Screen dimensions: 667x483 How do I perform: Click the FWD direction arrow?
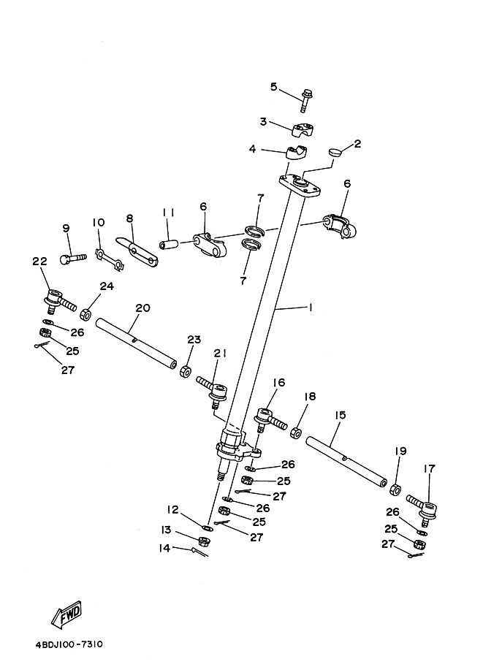[x=66, y=614]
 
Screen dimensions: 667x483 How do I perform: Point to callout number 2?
[x=358, y=144]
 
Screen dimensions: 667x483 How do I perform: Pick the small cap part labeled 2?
[x=336, y=153]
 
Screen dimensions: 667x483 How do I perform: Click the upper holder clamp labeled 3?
[x=301, y=131]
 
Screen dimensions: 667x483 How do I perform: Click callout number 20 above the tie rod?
[x=142, y=308]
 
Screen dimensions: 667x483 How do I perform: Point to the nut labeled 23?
[x=185, y=372]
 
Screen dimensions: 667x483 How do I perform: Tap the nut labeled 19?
[x=394, y=489]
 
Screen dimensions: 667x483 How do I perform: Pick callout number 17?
[x=429, y=470]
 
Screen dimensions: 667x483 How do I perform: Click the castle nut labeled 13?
[x=204, y=541]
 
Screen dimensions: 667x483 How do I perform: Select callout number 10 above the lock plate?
[x=99, y=222]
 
